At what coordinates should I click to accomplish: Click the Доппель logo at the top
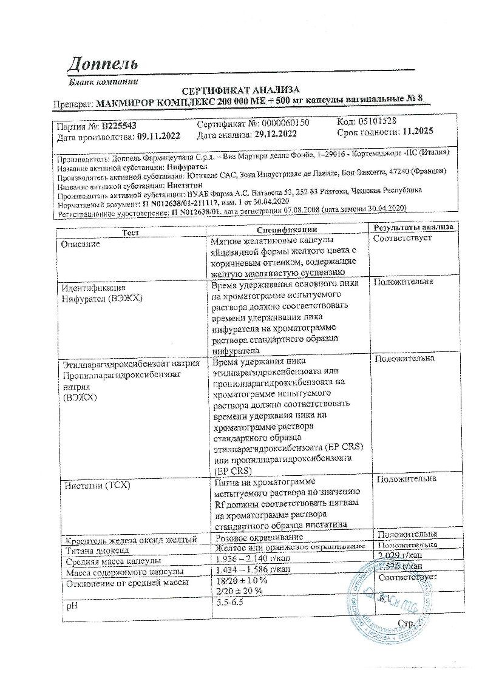pos(103,63)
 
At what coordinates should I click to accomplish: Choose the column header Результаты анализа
pos(413,228)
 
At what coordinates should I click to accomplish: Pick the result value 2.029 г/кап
pos(401,556)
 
